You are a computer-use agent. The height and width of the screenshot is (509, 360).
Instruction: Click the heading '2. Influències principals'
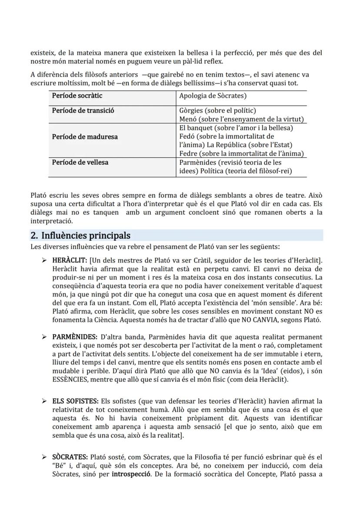coord(80,236)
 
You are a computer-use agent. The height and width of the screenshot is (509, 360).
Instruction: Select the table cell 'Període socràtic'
coord(77,96)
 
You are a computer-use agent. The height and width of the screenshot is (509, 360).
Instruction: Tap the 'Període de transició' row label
coord(83,110)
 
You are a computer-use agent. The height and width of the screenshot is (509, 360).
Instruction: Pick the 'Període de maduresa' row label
coord(85,136)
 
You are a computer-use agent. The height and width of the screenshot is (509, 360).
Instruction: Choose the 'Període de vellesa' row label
coord(80,162)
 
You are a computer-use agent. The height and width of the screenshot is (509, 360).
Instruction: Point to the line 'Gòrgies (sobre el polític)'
coord(217,110)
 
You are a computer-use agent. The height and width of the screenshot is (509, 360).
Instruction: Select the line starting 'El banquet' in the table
coord(242,128)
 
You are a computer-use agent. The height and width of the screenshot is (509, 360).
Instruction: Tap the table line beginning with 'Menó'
coord(241,119)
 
